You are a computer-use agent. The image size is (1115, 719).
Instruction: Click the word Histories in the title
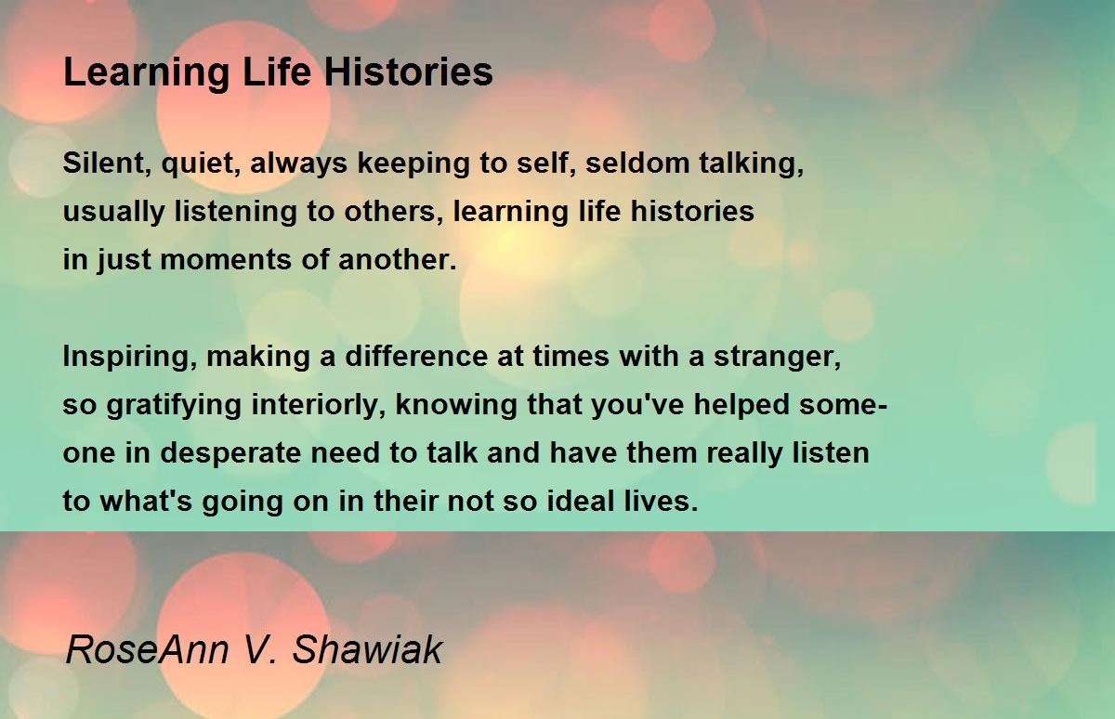click(x=409, y=72)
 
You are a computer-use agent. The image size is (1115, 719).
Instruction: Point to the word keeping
click(x=413, y=164)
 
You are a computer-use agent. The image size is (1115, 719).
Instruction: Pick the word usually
click(x=114, y=213)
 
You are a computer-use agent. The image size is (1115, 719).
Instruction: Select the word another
click(x=398, y=259)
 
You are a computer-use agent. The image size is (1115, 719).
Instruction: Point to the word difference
click(x=416, y=356)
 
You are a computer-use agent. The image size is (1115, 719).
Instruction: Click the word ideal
click(x=580, y=501)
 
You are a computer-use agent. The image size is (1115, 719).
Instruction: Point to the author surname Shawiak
click(x=367, y=649)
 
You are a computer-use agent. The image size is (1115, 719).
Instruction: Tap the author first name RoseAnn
click(x=148, y=649)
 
